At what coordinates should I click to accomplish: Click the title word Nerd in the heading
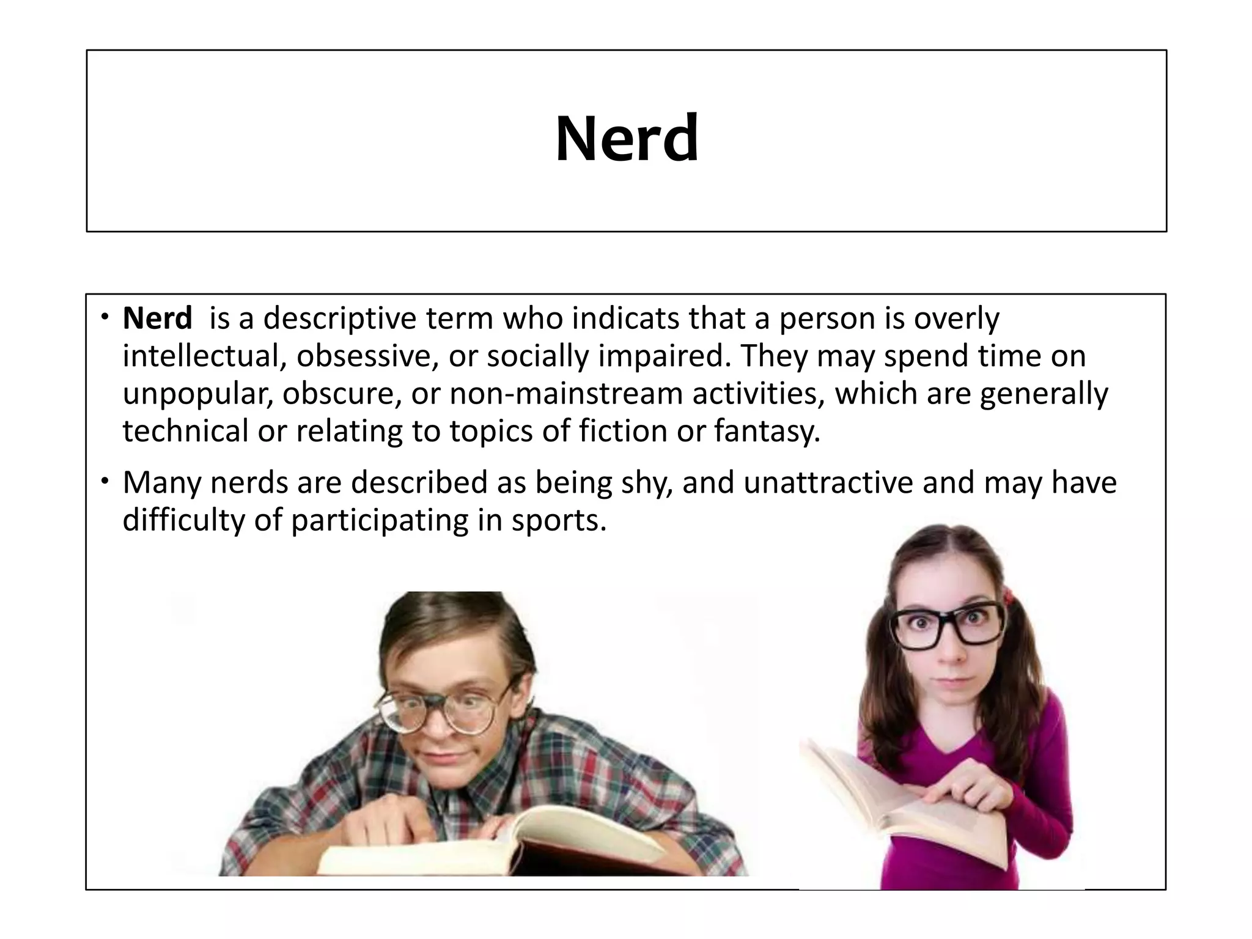tap(627, 139)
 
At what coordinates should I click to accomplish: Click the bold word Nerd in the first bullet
tap(157, 319)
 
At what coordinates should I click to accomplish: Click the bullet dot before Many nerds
tap(106, 482)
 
